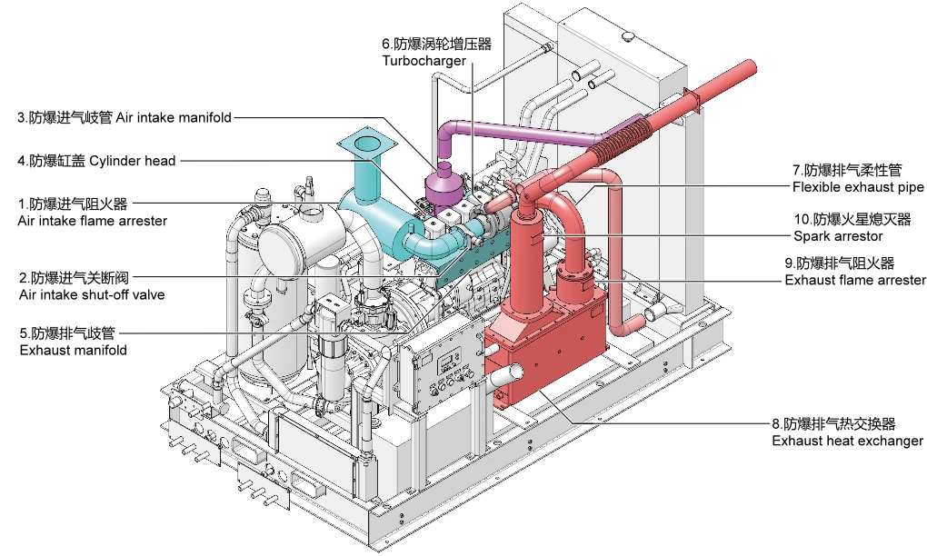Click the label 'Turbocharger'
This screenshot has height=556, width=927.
click(x=424, y=61)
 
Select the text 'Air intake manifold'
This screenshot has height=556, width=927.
click(x=174, y=117)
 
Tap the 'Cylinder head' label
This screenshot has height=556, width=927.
click(x=133, y=161)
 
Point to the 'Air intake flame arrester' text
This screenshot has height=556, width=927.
click(x=92, y=221)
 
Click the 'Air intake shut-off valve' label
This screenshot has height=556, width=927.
click(x=92, y=295)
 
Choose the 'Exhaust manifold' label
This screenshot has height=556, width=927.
click(x=74, y=351)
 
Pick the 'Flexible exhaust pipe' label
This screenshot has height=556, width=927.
click(x=858, y=187)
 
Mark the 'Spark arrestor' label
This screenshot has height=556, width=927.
click(x=838, y=236)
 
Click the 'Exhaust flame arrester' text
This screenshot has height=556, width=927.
click(x=855, y=280)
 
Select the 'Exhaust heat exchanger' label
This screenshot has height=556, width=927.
click(x=847, y=441)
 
